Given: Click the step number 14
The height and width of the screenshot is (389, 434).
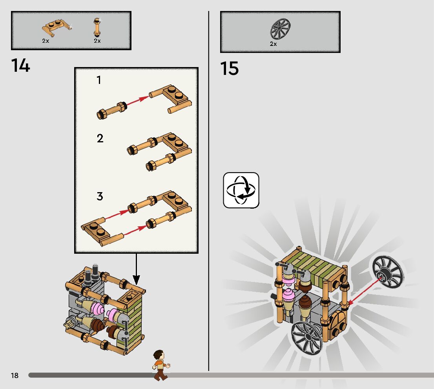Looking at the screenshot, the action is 20,66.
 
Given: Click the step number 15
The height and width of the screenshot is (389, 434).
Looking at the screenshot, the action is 230,69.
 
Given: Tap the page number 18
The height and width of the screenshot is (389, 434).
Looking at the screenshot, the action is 15,375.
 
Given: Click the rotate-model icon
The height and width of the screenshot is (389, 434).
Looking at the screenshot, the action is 241,190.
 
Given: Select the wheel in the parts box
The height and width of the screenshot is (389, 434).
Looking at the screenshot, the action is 281,29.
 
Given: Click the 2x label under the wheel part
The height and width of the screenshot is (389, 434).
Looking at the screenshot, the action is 273,44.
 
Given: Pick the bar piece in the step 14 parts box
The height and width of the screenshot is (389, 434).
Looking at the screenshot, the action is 97,27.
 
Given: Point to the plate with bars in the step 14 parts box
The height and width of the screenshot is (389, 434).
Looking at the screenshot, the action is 57,28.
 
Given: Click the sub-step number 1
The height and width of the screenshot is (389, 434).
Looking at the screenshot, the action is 99,80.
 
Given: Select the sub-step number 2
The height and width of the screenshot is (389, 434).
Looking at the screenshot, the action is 100,138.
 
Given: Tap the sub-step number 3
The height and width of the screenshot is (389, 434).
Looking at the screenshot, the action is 100,196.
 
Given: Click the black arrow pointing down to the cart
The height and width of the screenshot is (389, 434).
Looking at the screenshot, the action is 136,269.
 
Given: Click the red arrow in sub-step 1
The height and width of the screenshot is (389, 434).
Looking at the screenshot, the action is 138,100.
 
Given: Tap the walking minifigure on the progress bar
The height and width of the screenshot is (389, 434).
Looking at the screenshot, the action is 160,365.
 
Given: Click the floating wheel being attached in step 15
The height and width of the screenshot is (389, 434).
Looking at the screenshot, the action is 387,272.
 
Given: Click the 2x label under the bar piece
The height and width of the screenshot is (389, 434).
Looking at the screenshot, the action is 97,41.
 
